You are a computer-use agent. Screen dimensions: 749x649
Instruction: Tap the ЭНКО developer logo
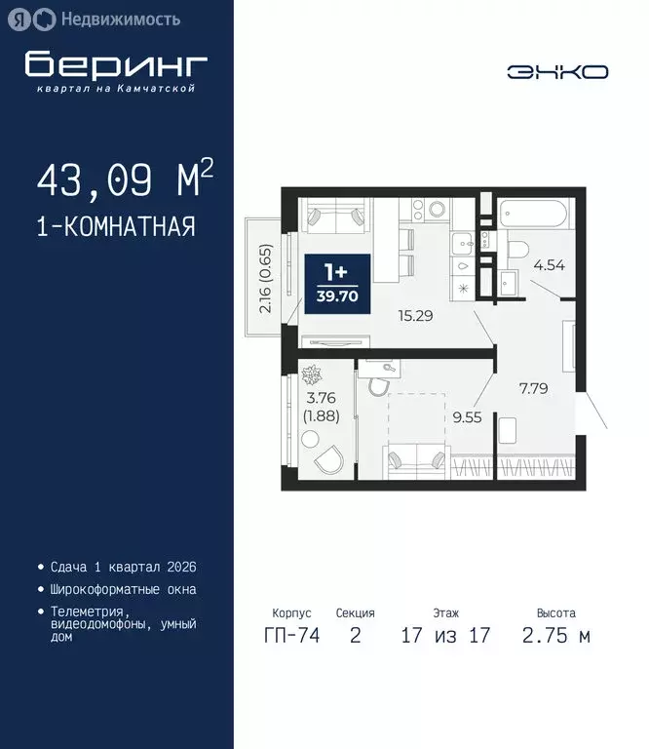557,71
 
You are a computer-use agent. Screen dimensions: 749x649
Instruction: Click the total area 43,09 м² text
125,180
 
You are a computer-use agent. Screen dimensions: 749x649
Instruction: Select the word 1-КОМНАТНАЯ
116,227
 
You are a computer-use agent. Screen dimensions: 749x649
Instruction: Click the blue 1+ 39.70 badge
337,283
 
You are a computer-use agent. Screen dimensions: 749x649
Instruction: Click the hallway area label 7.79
533,388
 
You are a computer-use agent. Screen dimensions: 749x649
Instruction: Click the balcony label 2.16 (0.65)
266,277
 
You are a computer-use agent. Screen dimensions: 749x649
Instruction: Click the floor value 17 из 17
445,637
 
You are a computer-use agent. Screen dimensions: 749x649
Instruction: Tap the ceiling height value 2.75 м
555,637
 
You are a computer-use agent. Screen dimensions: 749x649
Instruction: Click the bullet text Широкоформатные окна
122,589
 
